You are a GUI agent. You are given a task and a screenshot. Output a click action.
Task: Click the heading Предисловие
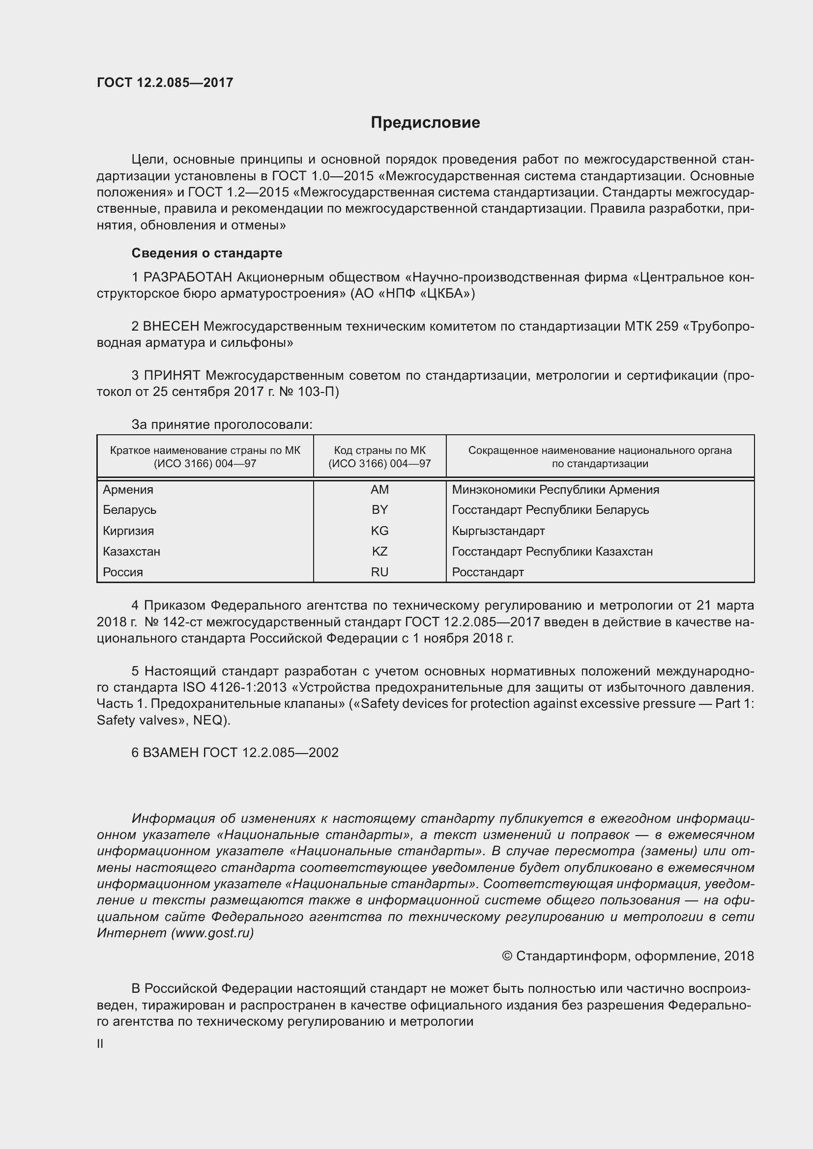click(425, 123)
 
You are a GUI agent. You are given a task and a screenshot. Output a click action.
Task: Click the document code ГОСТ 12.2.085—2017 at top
click(165, 83)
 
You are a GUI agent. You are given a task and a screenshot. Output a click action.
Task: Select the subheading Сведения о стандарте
click(206, 253)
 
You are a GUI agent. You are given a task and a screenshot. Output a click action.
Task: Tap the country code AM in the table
click(379, 489)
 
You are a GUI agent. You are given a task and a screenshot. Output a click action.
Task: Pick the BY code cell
click(379, 509)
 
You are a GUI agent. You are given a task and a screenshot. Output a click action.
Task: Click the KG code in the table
click(379, 531)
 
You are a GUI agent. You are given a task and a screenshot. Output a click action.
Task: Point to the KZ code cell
click(379, 551)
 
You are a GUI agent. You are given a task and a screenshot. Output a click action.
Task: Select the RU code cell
click(379, 572)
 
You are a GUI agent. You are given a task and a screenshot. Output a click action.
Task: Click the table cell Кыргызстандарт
click(498, 531)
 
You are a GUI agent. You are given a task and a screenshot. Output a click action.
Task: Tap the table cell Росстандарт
click(488, 572)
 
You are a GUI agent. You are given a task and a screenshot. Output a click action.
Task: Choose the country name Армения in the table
click(128, 489)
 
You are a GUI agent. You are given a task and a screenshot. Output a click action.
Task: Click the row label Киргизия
click(128, 531)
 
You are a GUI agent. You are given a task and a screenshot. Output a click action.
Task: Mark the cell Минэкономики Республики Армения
click(555, 489)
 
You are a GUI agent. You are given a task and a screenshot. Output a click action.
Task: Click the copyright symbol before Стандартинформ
click(507, 956)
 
